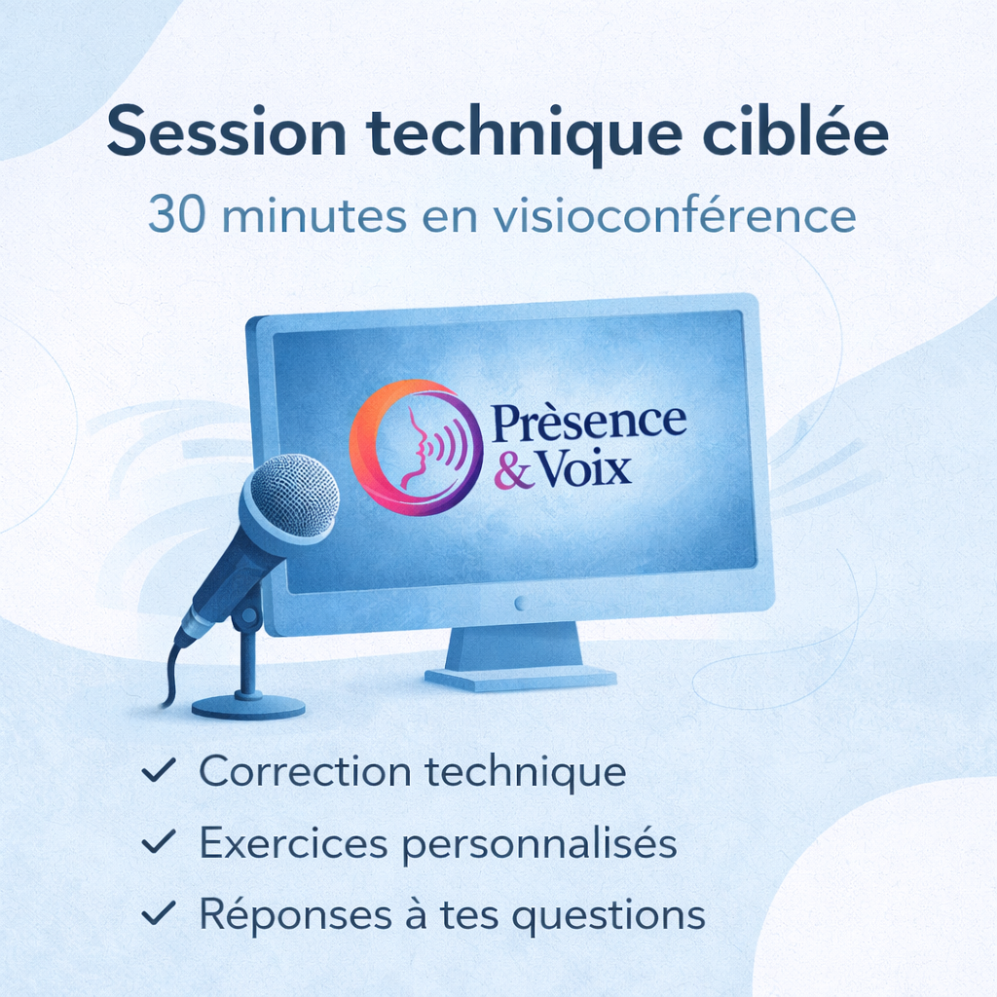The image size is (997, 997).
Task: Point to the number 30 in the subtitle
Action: [x=175, y=216]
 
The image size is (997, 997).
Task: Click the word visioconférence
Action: [x=674, y=216]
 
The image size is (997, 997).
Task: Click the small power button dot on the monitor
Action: [x=520, y=603]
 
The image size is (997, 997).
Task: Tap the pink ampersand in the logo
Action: [x=514, y=472]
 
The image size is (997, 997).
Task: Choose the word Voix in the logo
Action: [x=584, y=470]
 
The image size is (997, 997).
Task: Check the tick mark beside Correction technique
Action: [x=158, y=771]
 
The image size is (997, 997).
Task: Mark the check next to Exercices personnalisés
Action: [x=158, y=843]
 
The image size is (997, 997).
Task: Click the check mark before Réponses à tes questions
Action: [x=158, y=914]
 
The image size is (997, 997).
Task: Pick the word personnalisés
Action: [x=539, y=843]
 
